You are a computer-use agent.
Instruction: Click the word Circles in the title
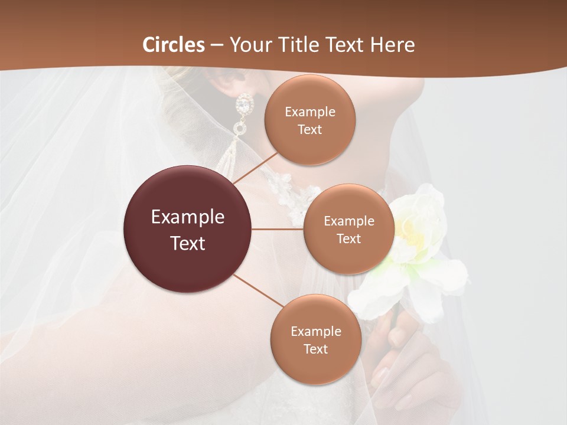click(174, 45)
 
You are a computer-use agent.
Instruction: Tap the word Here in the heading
click(392, 45)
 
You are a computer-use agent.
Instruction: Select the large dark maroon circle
click(187, 229)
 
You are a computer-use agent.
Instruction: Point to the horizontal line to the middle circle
click(278, 229)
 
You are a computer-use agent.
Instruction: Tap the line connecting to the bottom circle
click(259, 290)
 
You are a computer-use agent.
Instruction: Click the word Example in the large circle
click(188, 217)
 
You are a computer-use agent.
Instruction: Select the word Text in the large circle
click(188, 243)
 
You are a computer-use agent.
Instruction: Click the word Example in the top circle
click(310, 112)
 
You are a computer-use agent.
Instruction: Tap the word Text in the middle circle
click(348, 239)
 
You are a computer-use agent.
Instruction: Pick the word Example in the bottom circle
click(316, 332)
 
